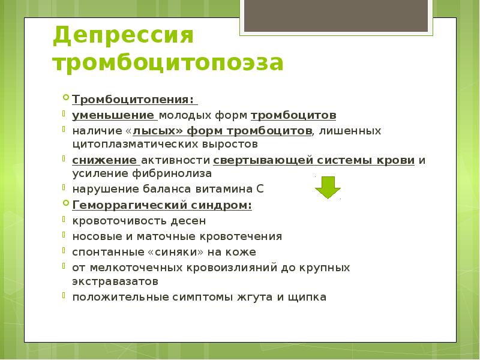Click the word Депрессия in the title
[x=122, y=35]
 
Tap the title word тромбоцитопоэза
[x=168, y=62]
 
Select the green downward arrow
[x=328, y=187]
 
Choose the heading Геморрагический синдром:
[x=162, y=205]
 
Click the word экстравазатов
[x=116, y=280]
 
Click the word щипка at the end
[x=307, y=296]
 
